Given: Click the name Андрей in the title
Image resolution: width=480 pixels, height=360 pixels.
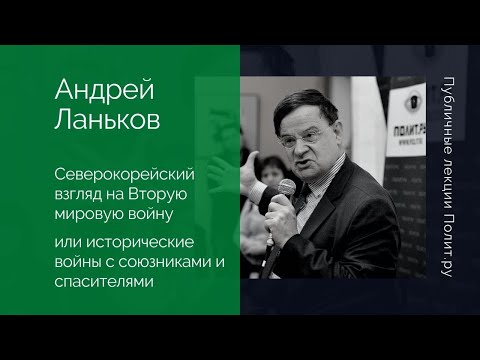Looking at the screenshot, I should click(x=91, y=92).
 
